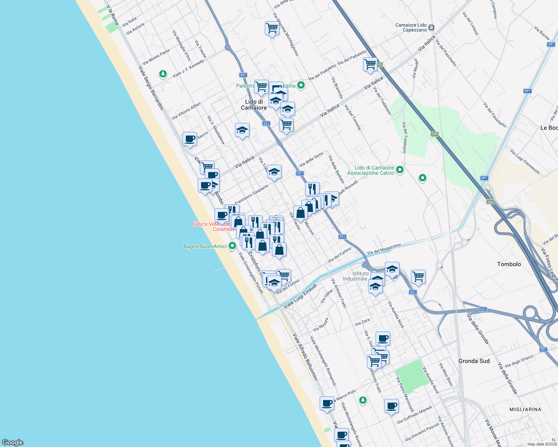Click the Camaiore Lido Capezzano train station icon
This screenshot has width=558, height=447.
431,27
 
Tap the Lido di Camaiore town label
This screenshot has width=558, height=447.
254,105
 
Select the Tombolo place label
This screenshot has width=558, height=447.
509,264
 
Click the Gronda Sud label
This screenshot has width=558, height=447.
474,361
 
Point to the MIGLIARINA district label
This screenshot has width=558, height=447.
525,409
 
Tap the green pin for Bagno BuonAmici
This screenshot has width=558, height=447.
232,246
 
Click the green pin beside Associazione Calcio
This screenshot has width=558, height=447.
400,170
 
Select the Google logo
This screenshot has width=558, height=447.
13,442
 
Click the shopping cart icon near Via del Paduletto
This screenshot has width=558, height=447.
370,64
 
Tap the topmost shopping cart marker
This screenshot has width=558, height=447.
272,28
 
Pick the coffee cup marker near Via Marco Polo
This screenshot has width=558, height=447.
327,403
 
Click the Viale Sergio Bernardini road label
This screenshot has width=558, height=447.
151,88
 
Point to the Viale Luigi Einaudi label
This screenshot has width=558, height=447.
300,296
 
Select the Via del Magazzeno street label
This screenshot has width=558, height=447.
384,249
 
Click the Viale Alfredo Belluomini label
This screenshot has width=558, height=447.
305,357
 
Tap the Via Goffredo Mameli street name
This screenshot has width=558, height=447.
414,415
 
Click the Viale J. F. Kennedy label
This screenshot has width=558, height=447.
188,69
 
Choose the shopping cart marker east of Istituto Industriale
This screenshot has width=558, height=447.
418,277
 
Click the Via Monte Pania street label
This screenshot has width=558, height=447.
156,57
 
